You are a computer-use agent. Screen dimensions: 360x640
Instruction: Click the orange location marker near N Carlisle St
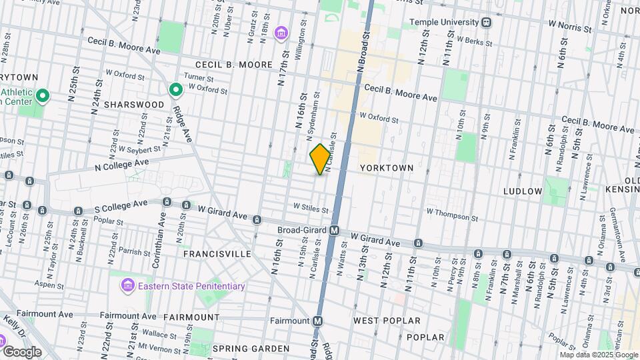(x=320, y=159)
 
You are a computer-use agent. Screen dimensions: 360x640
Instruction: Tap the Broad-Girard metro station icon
(x=335, y=230)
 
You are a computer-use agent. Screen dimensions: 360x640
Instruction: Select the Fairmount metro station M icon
(x=318, y=321)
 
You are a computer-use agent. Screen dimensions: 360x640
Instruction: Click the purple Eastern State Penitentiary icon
(x=126, y=286)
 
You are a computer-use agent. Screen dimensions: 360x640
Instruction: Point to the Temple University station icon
(x=487, y=22)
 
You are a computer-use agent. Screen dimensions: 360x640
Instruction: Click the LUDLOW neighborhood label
(x=523, y=191)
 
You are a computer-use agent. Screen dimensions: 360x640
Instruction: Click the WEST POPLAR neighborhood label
(x=387, y=321)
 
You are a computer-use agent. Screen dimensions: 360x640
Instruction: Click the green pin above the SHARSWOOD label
(x=175, y=89)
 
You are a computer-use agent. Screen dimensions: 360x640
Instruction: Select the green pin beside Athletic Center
(x=43, y=97)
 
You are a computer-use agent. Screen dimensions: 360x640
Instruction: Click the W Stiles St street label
(x=307, y=209)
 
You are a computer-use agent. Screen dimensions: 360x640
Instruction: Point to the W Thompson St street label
(x=453, y=212)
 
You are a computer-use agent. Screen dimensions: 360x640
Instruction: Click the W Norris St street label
(x=571, y=29)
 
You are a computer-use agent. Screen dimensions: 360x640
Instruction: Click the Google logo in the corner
(x=21, y=351)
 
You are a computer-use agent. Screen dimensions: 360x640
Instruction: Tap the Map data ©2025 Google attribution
(x=599, y=355)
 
